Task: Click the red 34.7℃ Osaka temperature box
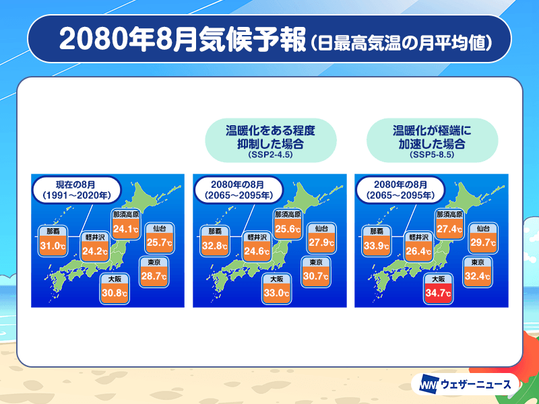click(x=438, y=294)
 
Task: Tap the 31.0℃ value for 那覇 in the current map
click(x=53, y=246)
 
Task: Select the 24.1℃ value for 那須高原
click(x=126, y=228)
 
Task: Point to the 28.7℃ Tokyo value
click(x=154, y=276)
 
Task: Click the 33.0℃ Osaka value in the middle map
click(x=276, y=294)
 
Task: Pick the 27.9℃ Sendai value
click(x=321, y=242)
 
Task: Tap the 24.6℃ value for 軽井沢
click(x=257, y=251)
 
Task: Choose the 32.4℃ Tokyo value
click(x=478, y=276)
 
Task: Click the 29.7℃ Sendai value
click(x=483, y=242)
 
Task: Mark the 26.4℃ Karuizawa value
click(x=418, y=251)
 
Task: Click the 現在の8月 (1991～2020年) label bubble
click(x=77, y=190)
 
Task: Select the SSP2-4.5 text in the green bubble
click(x=270, y=155)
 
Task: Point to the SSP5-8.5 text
click(x=432, y=155)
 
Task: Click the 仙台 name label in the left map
click(x=160, y=228)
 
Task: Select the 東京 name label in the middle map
click(x=315, y=262)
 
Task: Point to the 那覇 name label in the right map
click(x=377, y=232)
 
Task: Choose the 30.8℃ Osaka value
click(x=115, y=294)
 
